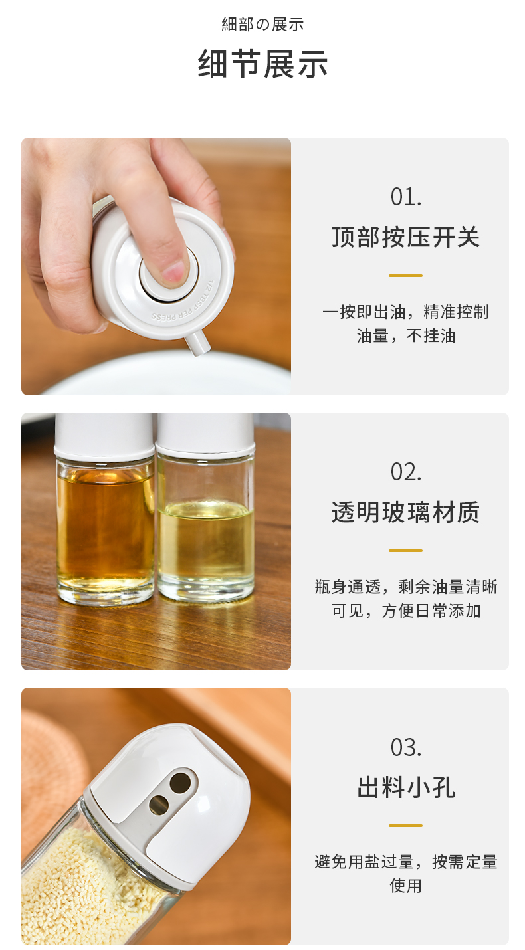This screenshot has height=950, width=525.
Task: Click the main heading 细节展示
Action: coord(262,64)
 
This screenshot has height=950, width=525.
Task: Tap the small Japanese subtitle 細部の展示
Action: coord(262,24)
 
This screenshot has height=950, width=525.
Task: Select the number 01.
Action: coord(406,197)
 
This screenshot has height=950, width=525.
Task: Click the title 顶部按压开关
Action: coord(406,237)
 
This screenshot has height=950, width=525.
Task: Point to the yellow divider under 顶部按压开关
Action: coord(406,276)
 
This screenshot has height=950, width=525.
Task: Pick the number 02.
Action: coord(406,472)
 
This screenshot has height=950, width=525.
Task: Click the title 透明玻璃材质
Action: coord(406,512)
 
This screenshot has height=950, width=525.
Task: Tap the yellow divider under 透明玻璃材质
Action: coord(406,551)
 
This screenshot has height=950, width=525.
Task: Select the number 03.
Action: coord(406,747)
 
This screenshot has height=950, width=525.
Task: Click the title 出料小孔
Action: coord(406,787)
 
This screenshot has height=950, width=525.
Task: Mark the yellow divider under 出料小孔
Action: coord(406,826)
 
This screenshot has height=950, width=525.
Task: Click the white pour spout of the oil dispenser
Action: coord(198,343)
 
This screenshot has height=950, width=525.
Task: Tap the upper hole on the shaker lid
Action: coord(180,782)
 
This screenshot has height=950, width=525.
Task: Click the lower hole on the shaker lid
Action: coord(159,805)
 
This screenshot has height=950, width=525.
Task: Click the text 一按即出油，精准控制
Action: coord(406,312)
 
